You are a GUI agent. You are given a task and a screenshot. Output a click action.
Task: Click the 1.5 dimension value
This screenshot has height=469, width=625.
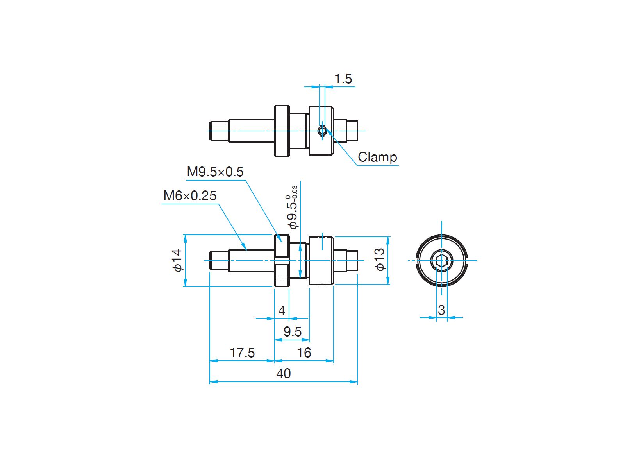click(x=343, y=79)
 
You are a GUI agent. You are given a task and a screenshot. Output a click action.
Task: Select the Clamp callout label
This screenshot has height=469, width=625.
click(x=377, y=157)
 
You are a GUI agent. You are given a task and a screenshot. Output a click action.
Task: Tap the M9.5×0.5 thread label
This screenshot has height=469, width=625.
click(x=215, y=172)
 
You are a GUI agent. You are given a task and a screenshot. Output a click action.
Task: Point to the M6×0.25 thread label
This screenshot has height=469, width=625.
click(x=189, y=196)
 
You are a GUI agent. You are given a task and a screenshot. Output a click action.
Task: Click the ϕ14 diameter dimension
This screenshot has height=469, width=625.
click(x=177, y=261)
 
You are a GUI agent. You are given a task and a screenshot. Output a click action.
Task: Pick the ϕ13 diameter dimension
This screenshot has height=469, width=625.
click(x=380, y=260)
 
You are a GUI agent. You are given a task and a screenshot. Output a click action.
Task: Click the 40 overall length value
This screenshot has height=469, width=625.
click(x=283, y=373)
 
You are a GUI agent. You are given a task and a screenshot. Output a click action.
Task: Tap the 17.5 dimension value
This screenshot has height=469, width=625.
click(x=242, y=353)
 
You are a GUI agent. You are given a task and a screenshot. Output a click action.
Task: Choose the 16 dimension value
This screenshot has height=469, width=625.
click(x=304, y=353)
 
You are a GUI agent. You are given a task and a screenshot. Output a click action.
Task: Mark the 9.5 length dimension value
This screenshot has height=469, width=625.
click(x=293, y=332)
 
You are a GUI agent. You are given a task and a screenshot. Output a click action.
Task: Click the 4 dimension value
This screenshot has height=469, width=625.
click(x=282, y=310)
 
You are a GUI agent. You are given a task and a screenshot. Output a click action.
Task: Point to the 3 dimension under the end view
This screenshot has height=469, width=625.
click(x=441, y=310)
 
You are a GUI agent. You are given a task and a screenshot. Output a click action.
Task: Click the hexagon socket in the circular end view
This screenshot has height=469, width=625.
click(x=442, y=260)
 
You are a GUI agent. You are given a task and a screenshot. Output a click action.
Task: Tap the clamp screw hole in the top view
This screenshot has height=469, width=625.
click(x=322, y=131)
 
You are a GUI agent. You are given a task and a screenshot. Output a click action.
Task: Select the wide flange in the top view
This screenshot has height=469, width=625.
click(x=282, y=131)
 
